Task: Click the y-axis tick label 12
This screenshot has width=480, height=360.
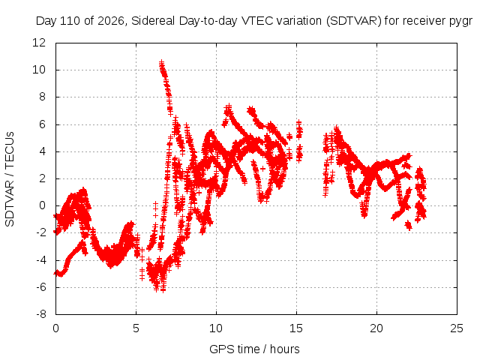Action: [x=39, y=43]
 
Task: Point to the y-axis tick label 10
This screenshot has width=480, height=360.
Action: [x=39, y=70]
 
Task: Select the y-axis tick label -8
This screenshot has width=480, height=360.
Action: [x=40, y=314]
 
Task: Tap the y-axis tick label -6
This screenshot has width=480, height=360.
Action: [x=40, y=287]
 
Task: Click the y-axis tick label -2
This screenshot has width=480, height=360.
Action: [x=40, y=232]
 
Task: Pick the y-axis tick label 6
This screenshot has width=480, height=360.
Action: [x=42, y=124]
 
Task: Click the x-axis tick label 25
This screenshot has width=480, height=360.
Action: [x=457, y=328]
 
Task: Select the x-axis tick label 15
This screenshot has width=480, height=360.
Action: [x=296, y=328]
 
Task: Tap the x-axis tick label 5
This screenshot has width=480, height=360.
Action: [x=136, y=328]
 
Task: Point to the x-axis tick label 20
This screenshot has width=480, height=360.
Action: [x=376, y=328]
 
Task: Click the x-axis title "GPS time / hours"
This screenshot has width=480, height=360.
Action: [x=254, y=349]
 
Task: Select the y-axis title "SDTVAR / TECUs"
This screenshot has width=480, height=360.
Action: [x=10, y=179]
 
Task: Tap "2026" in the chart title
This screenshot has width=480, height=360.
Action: [x=111, y=21]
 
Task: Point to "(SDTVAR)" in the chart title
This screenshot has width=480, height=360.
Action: [x=354, y=21]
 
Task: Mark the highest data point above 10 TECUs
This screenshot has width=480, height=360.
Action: [x=162, y=62]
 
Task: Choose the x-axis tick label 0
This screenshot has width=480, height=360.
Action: [x=55, y=328]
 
